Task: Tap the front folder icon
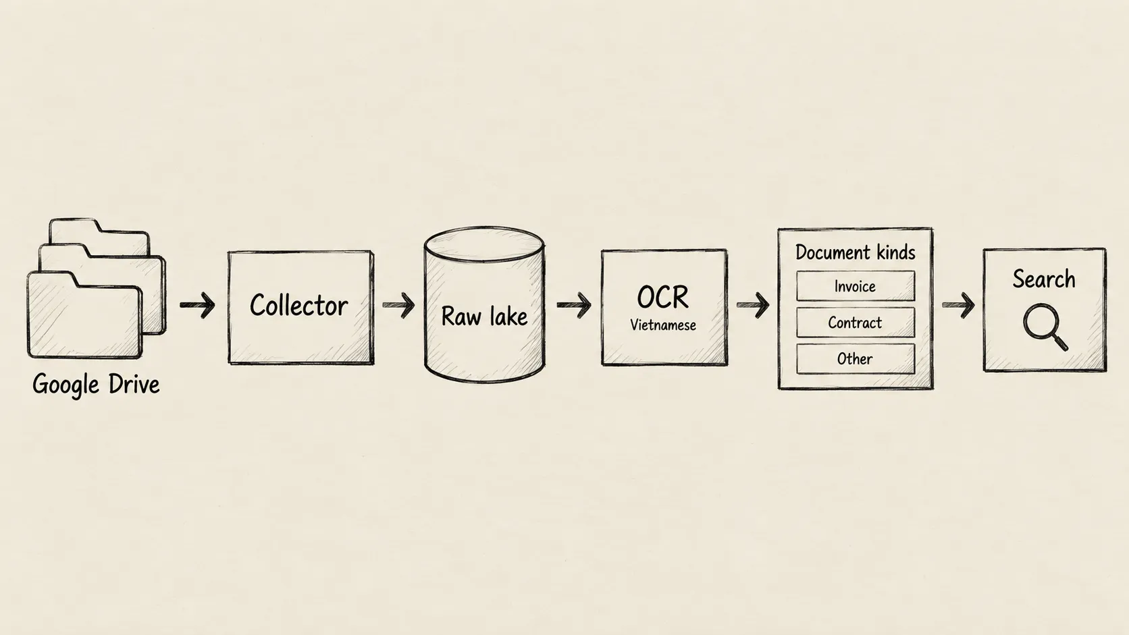84,314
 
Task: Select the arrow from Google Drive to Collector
198,304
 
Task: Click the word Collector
299,306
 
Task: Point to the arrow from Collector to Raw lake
398,304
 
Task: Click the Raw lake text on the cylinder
484,316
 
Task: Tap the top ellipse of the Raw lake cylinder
484,244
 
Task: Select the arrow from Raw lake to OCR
574,304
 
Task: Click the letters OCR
663,297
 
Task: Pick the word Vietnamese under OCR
663,325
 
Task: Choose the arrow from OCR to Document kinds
753,304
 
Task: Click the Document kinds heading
856,252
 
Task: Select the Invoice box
856,286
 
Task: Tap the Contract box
856,323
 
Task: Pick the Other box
856,358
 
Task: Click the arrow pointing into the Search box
958,304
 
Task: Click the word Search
1044,279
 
